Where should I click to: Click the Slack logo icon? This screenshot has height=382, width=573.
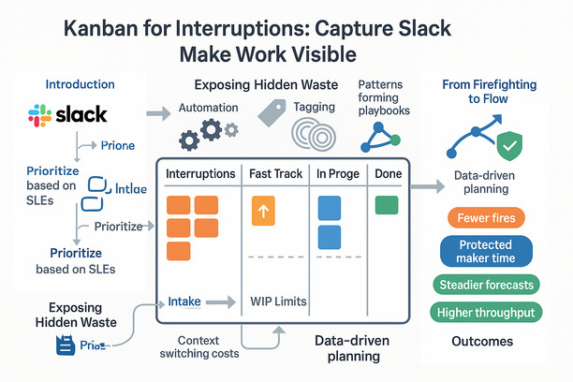[39, 116]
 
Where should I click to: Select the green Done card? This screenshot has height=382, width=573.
[385, 205]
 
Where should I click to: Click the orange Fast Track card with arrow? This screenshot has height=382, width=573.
[263, 212]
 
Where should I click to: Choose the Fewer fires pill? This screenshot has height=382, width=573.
[485, 218]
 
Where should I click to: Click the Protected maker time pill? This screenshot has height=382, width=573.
[485, 251]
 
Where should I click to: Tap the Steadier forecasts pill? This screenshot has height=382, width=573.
[485, 285]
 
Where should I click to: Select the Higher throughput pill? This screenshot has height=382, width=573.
[485, 313]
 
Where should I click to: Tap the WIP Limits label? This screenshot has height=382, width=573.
[279, 301]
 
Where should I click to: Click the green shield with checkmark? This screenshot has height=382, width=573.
[507, 146]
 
